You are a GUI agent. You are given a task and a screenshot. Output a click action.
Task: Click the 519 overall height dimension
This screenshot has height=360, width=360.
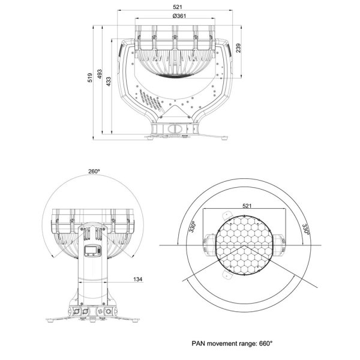90,77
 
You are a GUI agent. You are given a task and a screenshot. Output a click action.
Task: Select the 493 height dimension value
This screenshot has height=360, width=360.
100,74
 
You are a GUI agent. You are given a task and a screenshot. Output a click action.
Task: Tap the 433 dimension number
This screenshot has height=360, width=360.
109,82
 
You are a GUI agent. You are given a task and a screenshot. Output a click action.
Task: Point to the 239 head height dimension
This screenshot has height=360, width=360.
239,48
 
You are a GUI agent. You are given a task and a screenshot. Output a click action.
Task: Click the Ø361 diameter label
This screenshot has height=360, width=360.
179,16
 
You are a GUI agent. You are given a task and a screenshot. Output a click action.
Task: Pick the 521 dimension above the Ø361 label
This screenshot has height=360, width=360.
178,7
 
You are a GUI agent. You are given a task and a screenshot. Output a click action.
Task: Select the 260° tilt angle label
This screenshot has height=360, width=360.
94,172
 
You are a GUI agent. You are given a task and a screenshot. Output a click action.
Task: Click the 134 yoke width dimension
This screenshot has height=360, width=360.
138,279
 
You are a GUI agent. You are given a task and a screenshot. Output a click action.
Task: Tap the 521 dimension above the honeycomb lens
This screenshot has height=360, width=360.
247,206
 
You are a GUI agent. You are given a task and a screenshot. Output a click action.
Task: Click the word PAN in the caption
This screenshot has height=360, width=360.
198,343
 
